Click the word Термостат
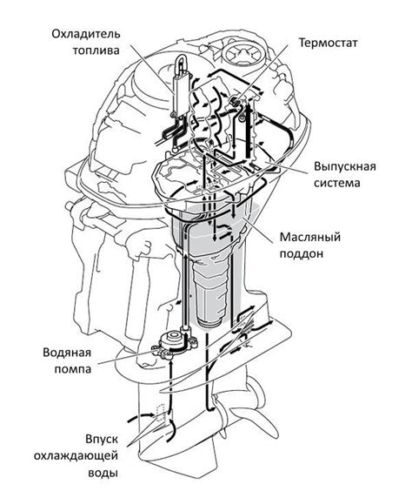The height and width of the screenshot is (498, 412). point(329,43)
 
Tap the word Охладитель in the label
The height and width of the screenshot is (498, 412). point(86,34)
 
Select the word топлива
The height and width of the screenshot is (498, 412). point(96,50)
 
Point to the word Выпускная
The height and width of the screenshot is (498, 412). point(345,166)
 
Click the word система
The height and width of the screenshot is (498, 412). point(337,183)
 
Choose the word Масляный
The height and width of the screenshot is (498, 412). point(310,237)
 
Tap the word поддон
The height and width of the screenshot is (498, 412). point(302,253)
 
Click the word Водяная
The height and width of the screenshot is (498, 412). point(67,353)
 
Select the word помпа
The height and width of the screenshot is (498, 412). point(73,369)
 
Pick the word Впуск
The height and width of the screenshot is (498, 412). point(102,440)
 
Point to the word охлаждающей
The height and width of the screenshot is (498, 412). point(76,456)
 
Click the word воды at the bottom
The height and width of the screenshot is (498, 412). point(103,474)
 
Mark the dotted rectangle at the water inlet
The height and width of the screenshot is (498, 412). point(161,413)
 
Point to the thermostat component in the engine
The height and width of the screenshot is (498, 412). point(235,101)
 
